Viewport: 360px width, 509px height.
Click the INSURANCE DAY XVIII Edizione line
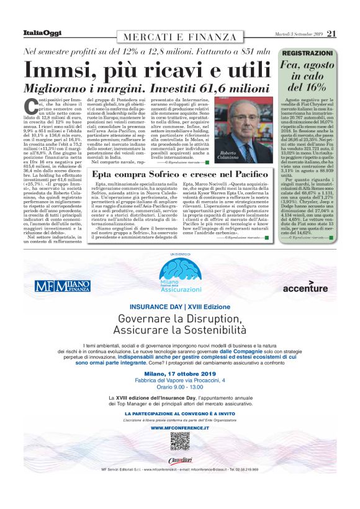[179, 307]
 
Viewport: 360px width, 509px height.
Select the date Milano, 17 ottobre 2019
[179, 373]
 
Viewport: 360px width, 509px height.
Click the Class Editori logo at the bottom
[179, 459]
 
